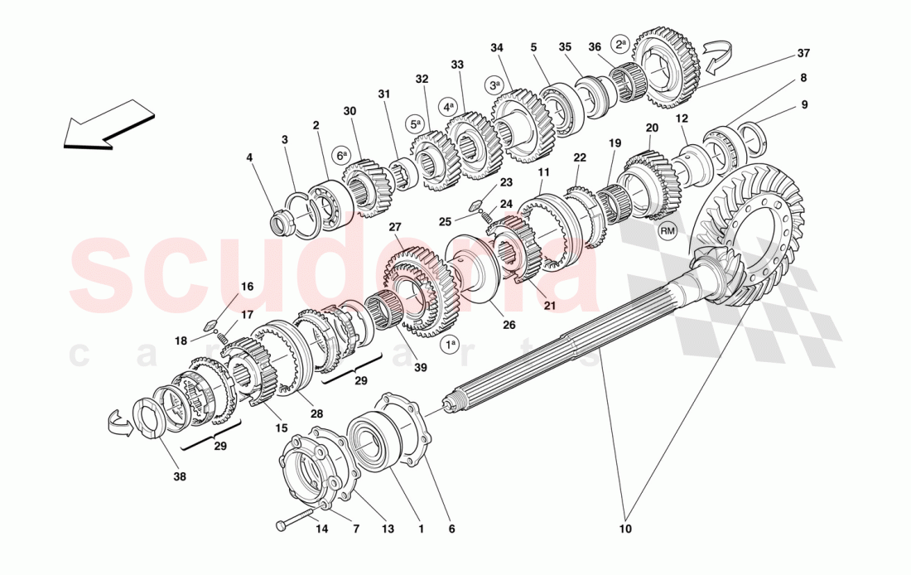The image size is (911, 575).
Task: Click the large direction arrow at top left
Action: pyautogui.click(x=108, y=124)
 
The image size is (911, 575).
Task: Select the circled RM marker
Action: pyautogui.click(x=668, y=231)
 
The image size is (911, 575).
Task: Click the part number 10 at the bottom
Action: pyautogui.click(x=624, y=529)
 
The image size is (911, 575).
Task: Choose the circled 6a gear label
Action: pyautogui.click(x=341, y=155)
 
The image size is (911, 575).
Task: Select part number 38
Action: pyautogui.click(x=180, y=477)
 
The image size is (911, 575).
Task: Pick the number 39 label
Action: pyautogui.click(x=422, y=367)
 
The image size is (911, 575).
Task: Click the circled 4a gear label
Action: pyautogui.click(x=448, y=107)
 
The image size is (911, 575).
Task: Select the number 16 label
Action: pyautogui.click(x=247, y=287)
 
